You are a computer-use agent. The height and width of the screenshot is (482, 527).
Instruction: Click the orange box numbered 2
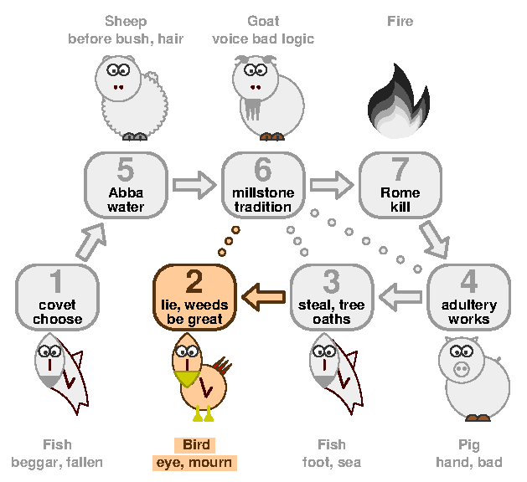(x=194, y=297)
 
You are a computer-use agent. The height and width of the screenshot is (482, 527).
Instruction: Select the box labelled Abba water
(x=126, y=185)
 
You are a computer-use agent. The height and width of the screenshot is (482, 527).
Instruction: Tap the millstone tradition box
(x=263, y=185)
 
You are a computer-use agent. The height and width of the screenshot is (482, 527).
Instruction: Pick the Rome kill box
(x=400, y=185)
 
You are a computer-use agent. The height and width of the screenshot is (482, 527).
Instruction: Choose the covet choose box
(x=57, y=297)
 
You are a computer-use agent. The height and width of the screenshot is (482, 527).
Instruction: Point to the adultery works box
(x=469, y=297)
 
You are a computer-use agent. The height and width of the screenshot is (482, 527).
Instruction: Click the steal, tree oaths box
(x=332, y=297)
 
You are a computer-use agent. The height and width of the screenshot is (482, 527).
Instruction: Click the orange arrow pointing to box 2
(x=263, y=297)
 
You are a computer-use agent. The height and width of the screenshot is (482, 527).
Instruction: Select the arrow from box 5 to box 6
(x=194, y=185)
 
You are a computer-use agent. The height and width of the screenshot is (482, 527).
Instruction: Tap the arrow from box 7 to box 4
(x=435, y=239)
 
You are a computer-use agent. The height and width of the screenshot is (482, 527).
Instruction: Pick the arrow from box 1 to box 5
(x=91, y=242)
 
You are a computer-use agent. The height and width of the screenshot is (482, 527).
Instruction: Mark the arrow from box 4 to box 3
(x=400, y=297)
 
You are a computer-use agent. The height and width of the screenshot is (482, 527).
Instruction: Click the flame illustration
(x=399, y=100)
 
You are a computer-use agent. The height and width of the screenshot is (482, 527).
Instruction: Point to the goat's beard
(x=253, y=109)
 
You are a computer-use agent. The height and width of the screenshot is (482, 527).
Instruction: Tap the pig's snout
(x=462, y=369)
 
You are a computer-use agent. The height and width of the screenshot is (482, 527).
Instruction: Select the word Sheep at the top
(x=126, y=21)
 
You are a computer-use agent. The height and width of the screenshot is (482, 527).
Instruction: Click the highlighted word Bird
(x=196, y=444)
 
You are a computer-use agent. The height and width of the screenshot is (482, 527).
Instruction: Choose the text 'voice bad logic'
(x=263, y=39)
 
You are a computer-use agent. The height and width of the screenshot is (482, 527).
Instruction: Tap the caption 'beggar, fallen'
(x=57, y=463)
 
